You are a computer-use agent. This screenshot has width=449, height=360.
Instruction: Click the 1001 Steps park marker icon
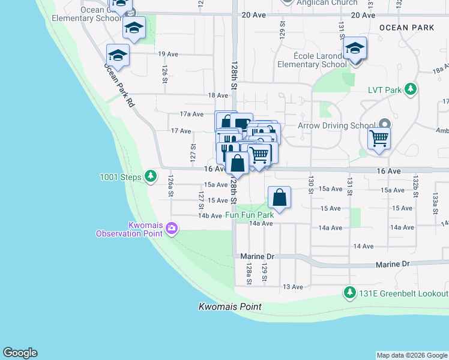pyautogui.click(x=151, y=177)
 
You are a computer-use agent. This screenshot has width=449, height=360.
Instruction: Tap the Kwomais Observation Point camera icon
pyautogui.click(x=172, y=228)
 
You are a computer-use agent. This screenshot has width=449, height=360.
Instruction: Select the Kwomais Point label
pyautogui.click(x=230, y=307)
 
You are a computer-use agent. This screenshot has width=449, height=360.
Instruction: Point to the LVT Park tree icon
pyautogui.click(x=411, y=90)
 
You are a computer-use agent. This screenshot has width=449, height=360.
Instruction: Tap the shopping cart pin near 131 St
pyautogui.click(x=379, y=138)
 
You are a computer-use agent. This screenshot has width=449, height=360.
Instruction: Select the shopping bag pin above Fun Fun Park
pyautogui.click(x=280, y=196)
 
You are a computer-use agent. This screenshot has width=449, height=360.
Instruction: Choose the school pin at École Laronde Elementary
pyautogui.click(x=355, y=48)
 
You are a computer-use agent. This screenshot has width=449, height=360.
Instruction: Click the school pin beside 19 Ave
pyautogui.click(x=118, y=55)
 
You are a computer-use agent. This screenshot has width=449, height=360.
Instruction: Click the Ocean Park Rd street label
pyautogui.click(x=120, y=85)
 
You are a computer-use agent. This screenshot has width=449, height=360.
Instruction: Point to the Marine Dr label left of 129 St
pyautogui.click(x=257, y=256)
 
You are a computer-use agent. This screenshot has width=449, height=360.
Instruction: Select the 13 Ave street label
pyautogui.click(x=293, y=287)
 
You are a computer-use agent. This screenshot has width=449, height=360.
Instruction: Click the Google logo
pyautogui.click(x=20, y=353)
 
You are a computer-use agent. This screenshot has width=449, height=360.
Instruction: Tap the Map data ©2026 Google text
pyautogui.click(x=412, y=355)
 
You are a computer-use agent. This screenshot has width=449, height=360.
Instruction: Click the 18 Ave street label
pyautogui.click(x=218, y=95)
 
